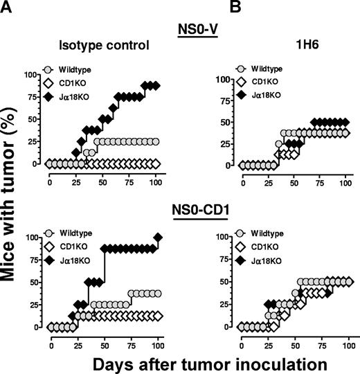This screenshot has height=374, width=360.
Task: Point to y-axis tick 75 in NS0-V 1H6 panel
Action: (225, 100)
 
